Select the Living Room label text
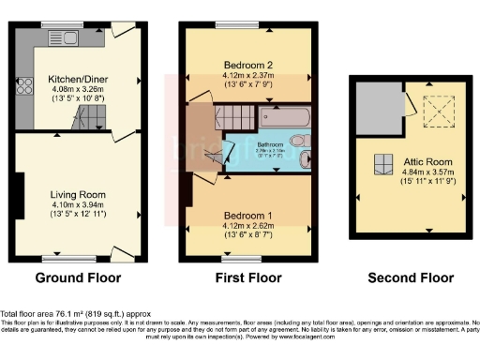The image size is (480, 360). click(x=77, y=195)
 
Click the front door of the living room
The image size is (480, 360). click(x=120, y=254)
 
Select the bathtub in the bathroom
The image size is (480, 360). click(x=286, y=120)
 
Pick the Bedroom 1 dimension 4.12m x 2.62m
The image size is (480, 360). click(x=248, y=225)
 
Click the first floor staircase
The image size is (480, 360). click(x=234, y=118)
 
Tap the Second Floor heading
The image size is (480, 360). click(x=410, y=278)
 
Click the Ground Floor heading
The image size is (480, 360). click(x=78, y=278)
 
